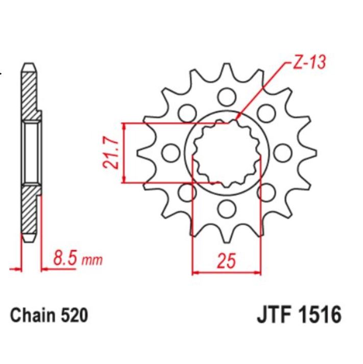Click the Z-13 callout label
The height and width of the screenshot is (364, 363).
click(307, 63)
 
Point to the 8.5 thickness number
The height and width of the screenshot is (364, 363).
click(65, 259)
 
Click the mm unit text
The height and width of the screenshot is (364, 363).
click(92, 260)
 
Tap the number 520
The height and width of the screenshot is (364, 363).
click(74, 315)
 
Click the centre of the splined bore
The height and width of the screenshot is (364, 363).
click(225, 152)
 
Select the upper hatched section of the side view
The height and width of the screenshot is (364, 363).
click(30, 92)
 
